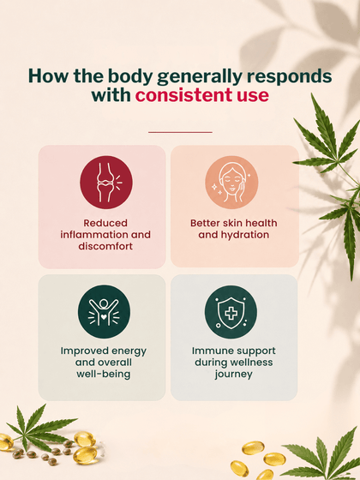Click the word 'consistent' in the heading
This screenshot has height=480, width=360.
[x=183, y=95]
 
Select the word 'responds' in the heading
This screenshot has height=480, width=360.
[x=290, y=77]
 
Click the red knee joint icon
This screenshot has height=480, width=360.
[x=106, y=183]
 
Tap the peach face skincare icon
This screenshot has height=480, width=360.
[x=231, y=183]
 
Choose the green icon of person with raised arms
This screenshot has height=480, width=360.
[x=104, y=312]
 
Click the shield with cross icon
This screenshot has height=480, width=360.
[x=231, y=312]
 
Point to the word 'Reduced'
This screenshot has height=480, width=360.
[x=105, y=223]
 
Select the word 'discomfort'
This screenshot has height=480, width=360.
[x=105, y=246]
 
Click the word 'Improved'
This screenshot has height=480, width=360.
[x=81, y=351]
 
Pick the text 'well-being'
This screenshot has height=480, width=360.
[x=104, y=374]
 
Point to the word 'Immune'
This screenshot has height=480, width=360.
[x=209, y=351]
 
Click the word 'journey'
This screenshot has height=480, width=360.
[x=233, y=375]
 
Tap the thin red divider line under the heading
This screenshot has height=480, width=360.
[x=180, y=132]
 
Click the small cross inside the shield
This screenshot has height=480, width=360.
[x=231, y=313]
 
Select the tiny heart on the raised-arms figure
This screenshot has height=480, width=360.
[x=104, y=317]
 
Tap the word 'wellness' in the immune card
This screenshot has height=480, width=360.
[x=252, y=363]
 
